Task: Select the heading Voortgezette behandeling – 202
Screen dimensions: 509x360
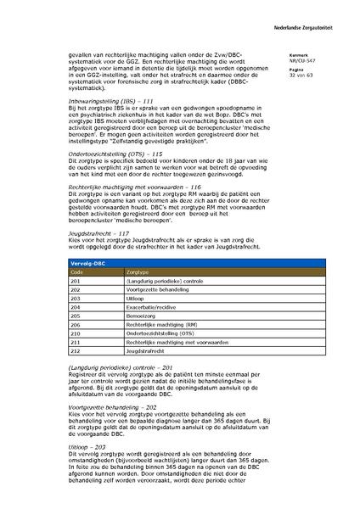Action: [114, 406]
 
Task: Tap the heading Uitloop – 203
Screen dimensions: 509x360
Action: [87, 445]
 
